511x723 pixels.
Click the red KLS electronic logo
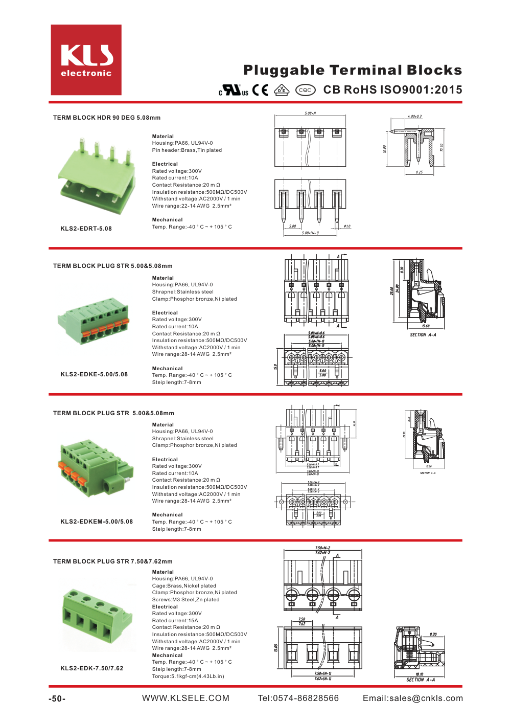(x=86, y=60)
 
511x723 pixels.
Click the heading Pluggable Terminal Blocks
(x=353, y=70)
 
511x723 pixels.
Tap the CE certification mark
(x=260, y=90)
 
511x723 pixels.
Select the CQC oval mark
(x=305, y=90)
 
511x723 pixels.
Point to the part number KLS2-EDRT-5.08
(x=86, y=229)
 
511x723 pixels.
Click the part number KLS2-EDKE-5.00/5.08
(x=94, y=374)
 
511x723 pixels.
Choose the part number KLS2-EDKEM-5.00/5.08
(x=97, y=522)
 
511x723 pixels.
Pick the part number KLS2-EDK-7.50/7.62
(x=92, y=668)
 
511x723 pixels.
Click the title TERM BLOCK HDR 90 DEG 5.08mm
(x=107, y=118)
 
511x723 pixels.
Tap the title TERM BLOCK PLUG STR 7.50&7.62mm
(x=113, y=561)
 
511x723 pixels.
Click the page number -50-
(x=57, y=699)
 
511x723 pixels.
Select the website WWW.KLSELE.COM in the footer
(x=185, y=698)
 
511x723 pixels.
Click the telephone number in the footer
(x=298, y=698)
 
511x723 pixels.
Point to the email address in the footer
(x=413, y=698)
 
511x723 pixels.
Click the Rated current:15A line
(x=175, y=621)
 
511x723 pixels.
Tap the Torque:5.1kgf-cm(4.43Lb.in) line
(x=188, y=676)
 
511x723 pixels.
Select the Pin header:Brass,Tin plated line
(x=187, y=150)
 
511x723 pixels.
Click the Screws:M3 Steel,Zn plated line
(x=185, y=600)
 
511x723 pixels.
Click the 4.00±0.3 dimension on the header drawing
(x=414, y=117)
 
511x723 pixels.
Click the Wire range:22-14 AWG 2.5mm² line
(x=192, y=206)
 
